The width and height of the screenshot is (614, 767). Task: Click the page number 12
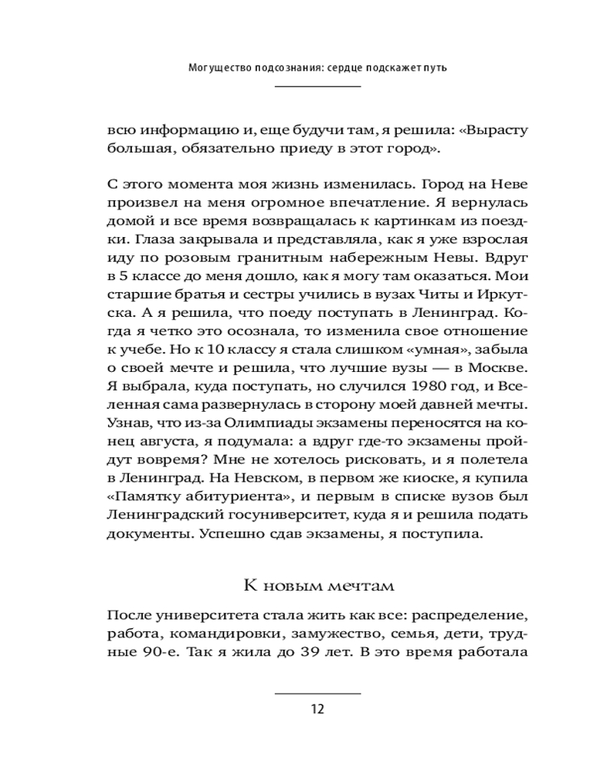[318, 709]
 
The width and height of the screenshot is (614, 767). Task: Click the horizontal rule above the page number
[318, 693]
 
